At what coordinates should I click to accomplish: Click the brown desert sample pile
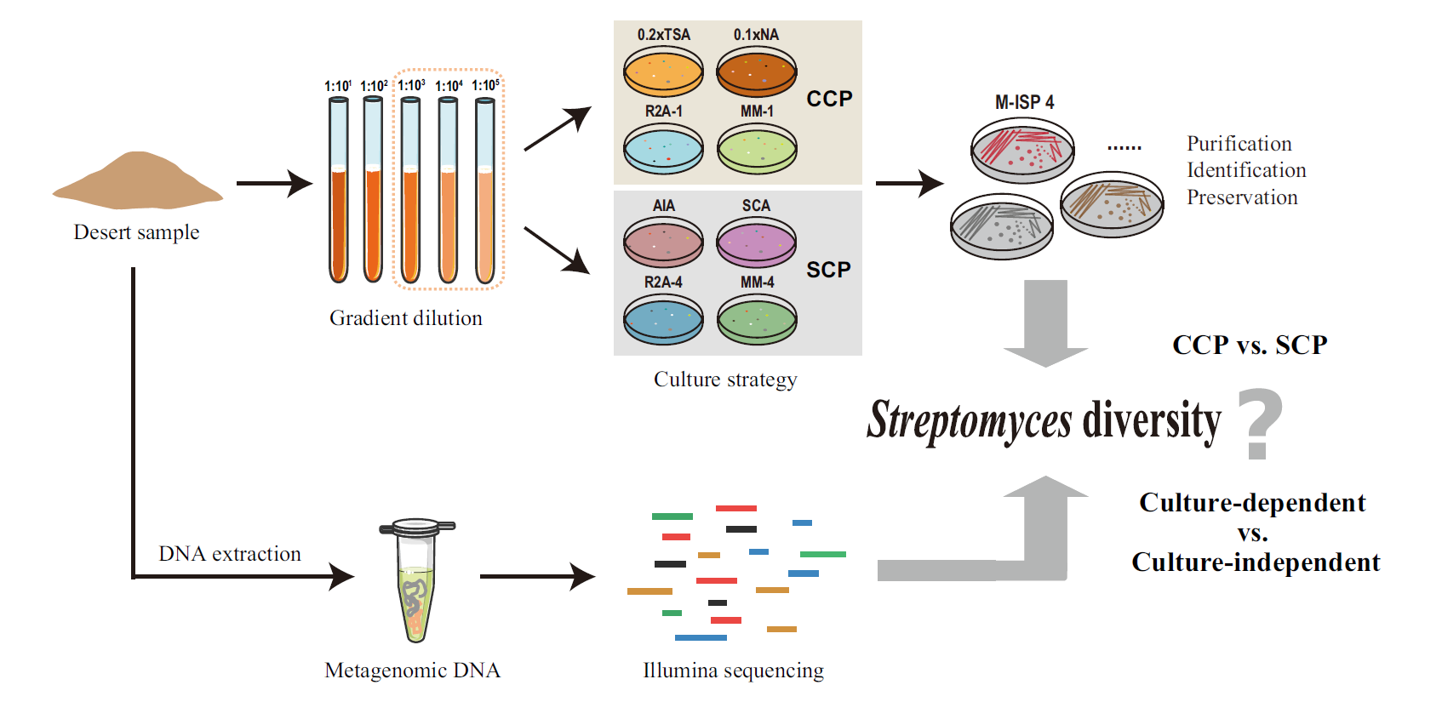point(138,181)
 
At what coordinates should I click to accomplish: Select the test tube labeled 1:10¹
point(339,191)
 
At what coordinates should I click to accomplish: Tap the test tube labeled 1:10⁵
point(485,191)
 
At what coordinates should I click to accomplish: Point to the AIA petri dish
point(664,242)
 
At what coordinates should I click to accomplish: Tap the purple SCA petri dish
point(757,242)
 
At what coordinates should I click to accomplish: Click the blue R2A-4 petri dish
point(664,319)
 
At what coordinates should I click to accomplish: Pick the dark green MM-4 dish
point(757,319)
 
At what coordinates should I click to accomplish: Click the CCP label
point(829,99)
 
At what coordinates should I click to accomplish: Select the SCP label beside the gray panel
point(828,270)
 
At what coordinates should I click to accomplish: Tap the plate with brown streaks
point(1112,204)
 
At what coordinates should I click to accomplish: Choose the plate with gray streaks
point(1002,225)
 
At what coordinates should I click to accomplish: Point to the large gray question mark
point(1259,423)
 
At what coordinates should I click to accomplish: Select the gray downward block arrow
point(1045,323)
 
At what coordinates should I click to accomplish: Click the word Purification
point(1239,144)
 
